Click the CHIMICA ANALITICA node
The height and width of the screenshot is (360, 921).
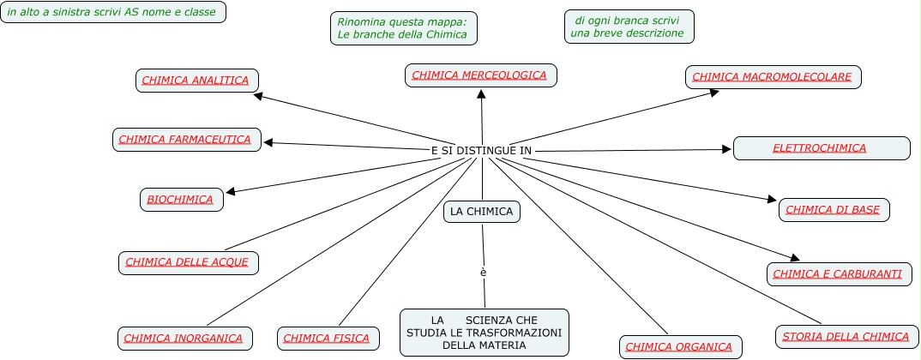point(196,81)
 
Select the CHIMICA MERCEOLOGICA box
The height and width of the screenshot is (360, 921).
point(480,75)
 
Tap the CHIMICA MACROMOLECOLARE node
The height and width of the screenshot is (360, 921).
point(773,77)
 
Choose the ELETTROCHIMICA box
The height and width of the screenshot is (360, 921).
point(821,148)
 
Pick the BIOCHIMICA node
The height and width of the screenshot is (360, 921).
point(181,200)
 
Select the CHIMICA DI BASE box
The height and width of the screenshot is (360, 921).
point(834,210)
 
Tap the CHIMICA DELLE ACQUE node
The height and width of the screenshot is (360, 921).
point(188,262)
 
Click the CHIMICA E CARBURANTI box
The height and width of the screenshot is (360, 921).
point(839,274)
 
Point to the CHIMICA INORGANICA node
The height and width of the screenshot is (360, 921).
point(184,339)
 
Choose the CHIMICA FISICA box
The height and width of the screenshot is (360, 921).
point(328,339)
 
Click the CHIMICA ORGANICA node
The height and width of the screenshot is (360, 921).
point(679,347)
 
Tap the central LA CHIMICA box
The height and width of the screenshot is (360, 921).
point(481,212)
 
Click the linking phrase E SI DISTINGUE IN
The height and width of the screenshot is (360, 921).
point(481,151)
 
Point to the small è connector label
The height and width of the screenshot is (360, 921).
point(484,273)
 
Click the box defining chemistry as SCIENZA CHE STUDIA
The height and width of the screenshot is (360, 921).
point(484,333)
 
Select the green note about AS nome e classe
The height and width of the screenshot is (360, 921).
point(113,12)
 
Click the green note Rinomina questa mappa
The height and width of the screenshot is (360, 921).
point(403,28)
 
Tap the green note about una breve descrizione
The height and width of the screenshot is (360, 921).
point(629,27)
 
